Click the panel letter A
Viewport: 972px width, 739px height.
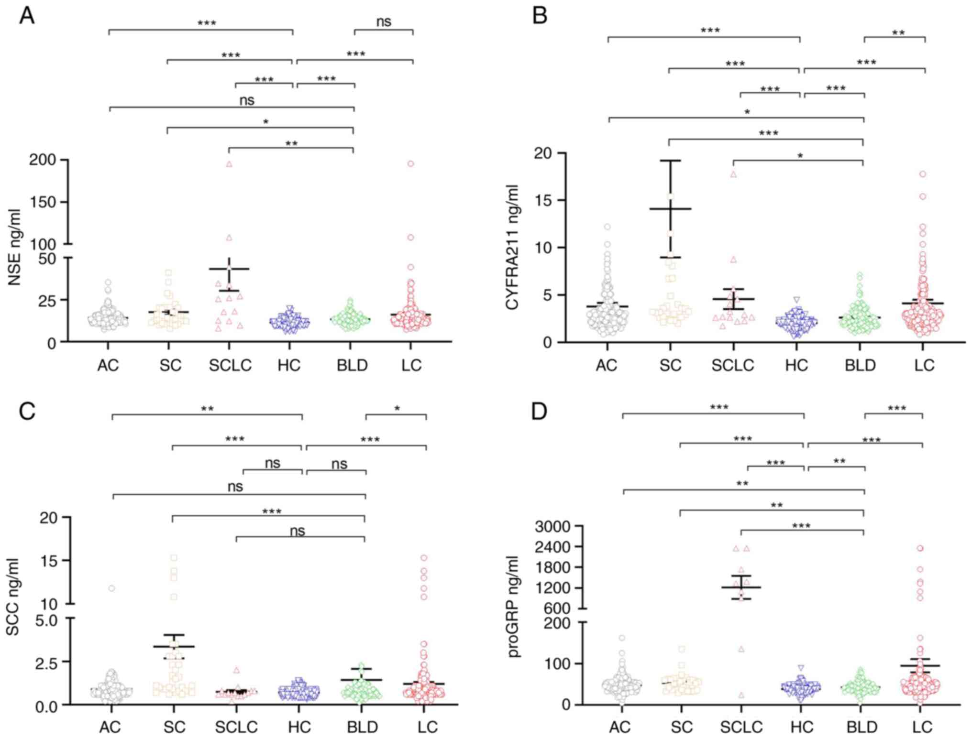coord(27,16)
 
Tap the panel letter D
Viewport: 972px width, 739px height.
coord(540,411)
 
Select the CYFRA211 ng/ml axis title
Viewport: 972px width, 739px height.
coord(512,247)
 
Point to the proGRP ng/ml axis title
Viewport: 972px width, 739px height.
coord(514,606)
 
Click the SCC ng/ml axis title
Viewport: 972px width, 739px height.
coord(13,597)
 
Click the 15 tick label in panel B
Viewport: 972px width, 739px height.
coord(544,200)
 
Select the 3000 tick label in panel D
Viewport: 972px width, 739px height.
coord(553,527)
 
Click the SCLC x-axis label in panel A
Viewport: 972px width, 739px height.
coord(230,366)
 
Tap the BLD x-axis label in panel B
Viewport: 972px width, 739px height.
coord(860,366)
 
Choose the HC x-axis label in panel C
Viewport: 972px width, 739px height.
coord(299,727)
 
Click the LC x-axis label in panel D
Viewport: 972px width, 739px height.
coord(922,727)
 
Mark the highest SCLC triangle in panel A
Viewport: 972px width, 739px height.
coord(229,164)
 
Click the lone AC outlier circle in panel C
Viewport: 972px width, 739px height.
coord(111,588)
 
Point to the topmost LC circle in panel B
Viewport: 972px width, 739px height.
coord(923,174)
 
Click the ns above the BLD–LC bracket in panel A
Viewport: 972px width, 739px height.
coord(384,22)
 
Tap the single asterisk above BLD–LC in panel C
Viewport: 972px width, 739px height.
coord(397,409)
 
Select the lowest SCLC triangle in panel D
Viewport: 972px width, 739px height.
coord(741,695)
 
